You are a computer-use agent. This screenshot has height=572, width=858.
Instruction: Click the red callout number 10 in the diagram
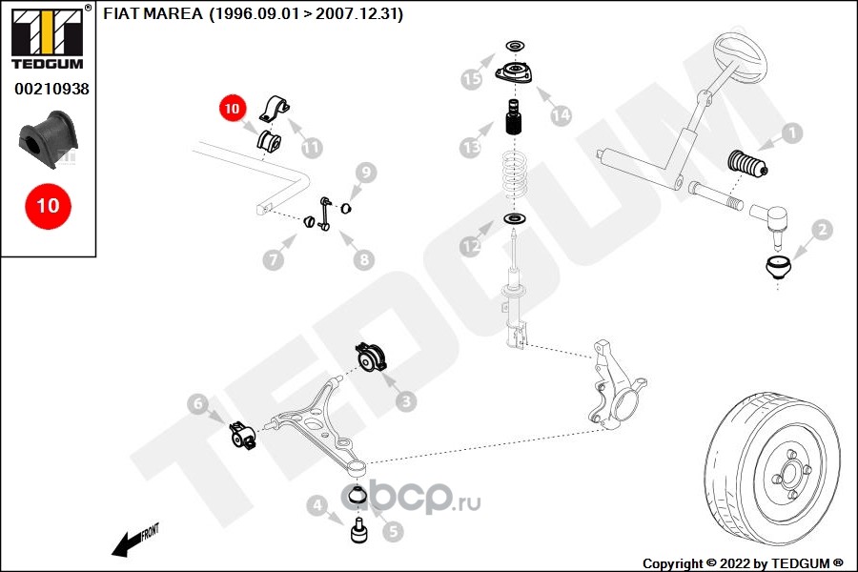pyautogui.click(x=233, y=109)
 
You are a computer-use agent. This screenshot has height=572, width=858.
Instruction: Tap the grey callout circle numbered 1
pyautogui.click(x=790, y=133)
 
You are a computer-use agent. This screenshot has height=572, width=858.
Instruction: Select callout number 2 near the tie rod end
pyautogui.click(x=821, y=229)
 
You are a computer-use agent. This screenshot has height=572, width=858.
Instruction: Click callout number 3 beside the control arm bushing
pyautogui.click(x=407, y=401)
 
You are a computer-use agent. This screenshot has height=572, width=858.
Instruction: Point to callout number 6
pyautogui.click(x=197, y=404)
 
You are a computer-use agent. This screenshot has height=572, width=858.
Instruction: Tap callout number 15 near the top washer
pyautogui.click(x=471, y=79)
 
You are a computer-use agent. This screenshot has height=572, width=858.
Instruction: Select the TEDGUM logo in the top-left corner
pyautogui.click(x=48, y=37)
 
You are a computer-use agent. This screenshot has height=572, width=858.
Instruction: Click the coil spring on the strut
pyautogui.click(x=516, y=179)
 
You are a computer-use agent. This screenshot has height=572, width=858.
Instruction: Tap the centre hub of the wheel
pyautogui.click(x=790, y=474)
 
